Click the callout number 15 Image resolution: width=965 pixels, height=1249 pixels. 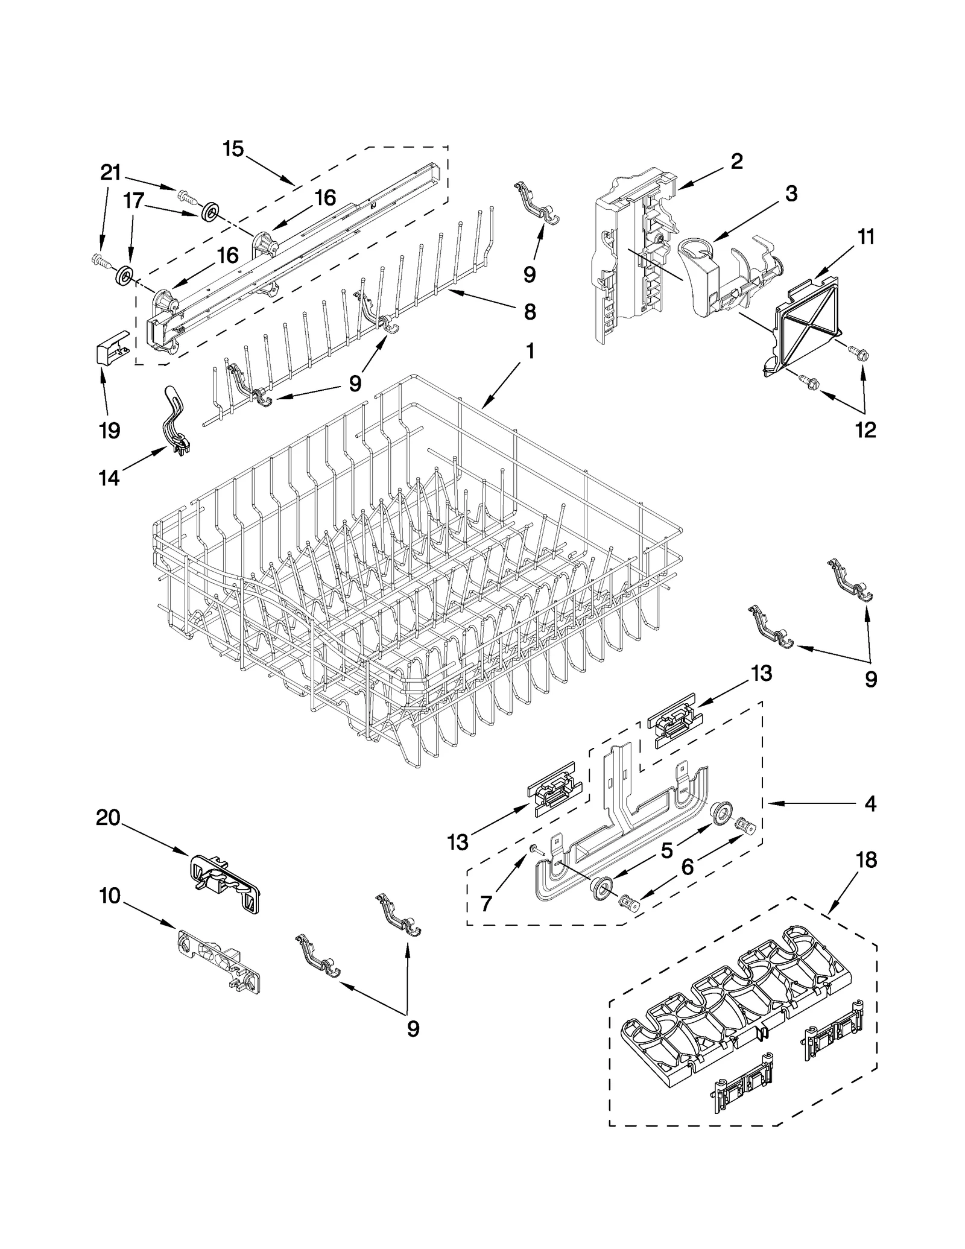233,149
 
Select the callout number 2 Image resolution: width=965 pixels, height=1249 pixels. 736,161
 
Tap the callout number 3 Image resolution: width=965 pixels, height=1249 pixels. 791,194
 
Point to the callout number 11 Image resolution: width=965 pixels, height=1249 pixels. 865,237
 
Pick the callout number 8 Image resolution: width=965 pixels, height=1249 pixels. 529,312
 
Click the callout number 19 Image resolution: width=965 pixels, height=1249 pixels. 110,431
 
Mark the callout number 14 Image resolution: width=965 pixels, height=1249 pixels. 109,478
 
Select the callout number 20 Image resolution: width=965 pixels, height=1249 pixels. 109,818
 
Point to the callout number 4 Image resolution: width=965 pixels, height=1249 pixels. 869,803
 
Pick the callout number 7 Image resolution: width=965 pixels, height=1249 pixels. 486,903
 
